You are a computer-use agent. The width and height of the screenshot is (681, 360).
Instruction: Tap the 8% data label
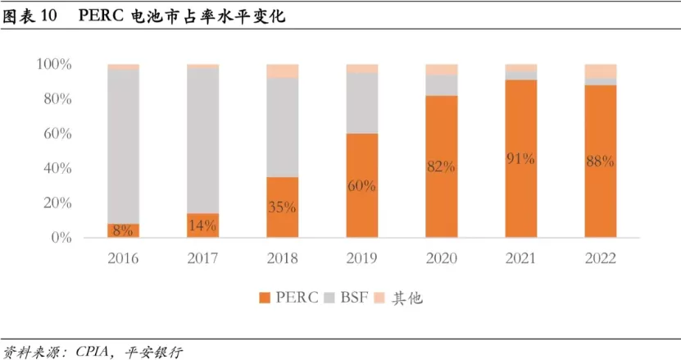(123, 230)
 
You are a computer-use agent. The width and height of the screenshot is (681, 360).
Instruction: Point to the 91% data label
(520, 159)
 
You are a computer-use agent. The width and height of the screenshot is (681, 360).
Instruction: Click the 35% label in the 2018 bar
(282, 207)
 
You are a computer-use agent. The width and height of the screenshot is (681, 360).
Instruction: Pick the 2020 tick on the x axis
(441, 258)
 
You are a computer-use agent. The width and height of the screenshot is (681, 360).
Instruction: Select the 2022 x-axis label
(600, 258)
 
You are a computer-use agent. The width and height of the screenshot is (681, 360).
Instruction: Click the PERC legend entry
(288, 298)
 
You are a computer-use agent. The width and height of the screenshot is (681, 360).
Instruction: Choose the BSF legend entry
(347, 298)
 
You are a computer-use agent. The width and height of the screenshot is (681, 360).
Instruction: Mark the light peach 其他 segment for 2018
(282, 71)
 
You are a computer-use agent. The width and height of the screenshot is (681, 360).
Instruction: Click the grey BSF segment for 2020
(441, 85)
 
